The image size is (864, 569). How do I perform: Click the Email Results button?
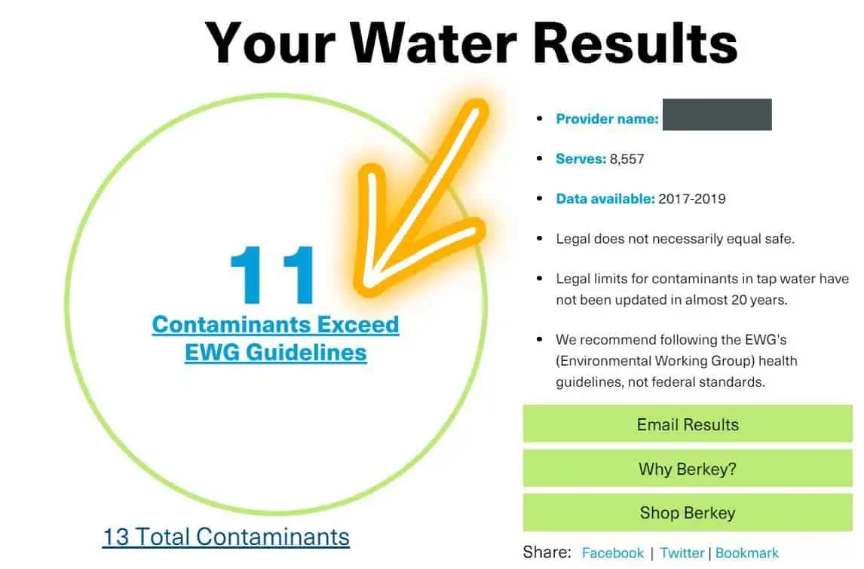point(687,424)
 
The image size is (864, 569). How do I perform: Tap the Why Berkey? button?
point(687,468)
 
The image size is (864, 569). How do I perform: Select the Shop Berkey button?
point(687,512)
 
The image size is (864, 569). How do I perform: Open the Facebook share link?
point(612,552)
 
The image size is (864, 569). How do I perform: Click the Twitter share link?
point(682,552)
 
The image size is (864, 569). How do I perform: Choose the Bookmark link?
point(746,552)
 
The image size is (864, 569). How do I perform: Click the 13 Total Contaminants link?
point(226,537)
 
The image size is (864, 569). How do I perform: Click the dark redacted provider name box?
point(717,115)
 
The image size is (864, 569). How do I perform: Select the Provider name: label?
point(607,119)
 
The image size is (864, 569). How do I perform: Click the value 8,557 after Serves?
point(627,159)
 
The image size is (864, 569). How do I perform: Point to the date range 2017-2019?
point(691,199)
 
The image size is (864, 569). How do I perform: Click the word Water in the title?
point(433,43)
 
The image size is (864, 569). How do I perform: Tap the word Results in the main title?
point(636,43)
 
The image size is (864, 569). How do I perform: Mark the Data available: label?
point(605,199)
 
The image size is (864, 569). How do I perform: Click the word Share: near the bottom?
point(547,552)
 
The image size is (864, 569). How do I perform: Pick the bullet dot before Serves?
point(540,158)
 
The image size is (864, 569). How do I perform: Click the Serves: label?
point(581,159)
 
